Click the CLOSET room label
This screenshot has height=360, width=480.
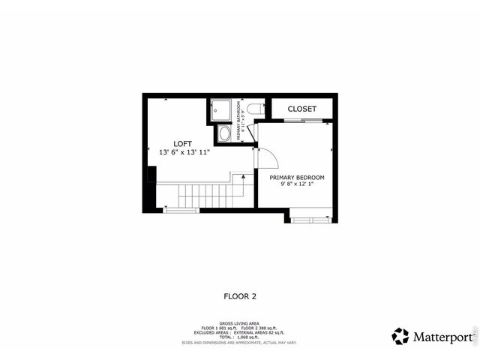click(x=301, y=109)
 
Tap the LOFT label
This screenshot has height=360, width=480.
click(x=182, y=143)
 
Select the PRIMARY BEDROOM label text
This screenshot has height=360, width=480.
click(x=297, y=177)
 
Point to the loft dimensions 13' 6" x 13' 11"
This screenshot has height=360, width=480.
click(x=184, y=152)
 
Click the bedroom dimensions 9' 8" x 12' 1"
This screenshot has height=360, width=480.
click(x=297, y=185)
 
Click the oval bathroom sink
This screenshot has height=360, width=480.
click(x=224, y=134)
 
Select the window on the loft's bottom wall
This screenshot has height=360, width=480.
click(x=181, y=211)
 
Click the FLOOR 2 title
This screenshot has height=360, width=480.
click(x=240, y=296)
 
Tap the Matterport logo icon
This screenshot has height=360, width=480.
click(x=400, y=336)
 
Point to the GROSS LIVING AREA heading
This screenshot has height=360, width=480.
click(x=240, y=325)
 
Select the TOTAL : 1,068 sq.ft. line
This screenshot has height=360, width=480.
click(x=240, y=337)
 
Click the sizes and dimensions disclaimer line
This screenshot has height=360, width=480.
click(x=240, y=343)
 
